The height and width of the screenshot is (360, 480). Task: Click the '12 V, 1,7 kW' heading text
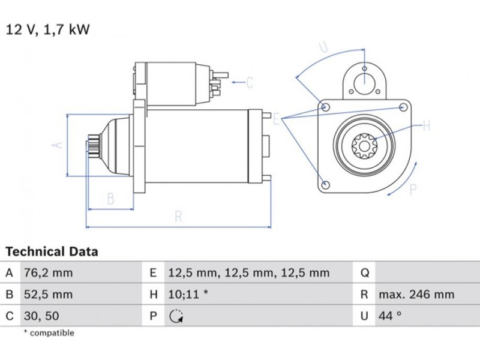(x=48, y=29)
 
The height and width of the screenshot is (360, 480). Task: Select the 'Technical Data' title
(x=52, y=251)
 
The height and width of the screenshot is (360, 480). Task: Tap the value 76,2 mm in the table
(x=47, y=273)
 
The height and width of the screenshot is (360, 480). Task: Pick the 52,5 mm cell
(x=47, y=295)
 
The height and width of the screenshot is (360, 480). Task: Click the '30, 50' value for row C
(x=41, y=316)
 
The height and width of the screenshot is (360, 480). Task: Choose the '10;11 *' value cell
(x=188, y=295)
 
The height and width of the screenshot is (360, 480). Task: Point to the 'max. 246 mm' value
(x=416, y=295)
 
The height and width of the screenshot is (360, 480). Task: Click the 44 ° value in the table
(x=390, y=316)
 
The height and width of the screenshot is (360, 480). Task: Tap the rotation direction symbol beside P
(x=175, y=316)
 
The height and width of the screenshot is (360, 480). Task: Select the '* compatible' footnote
(x=49, y=332)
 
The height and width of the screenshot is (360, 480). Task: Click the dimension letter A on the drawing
(x=58, y=145)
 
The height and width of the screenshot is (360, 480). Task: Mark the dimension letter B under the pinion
(x=110, y=199)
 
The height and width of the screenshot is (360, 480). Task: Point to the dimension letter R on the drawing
(x=178, y=217)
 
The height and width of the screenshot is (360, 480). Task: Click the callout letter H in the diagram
(x=427, y=126)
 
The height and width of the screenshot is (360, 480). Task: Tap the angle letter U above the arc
(x=323, y=48)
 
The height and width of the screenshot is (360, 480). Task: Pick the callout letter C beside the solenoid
(x=250, y=82)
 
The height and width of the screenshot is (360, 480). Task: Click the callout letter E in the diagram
(x=277, y=119)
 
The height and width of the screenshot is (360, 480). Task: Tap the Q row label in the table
(x=364, y=273)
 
